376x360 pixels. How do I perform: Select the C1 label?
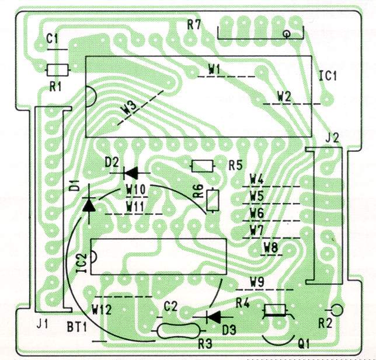[53, 39]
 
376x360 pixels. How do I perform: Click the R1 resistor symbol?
[58, 70]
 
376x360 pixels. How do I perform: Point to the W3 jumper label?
[130, 107]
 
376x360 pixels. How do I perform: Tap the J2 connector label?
[331, 138]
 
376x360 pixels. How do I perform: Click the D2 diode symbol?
[131, 172]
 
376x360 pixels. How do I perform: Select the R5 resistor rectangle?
[203, 166]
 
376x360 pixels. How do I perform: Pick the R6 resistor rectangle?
[213, 200]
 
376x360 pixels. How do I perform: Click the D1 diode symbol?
[89, 204]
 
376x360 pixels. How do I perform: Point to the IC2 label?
[81, 263]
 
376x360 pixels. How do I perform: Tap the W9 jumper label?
[257, 282]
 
